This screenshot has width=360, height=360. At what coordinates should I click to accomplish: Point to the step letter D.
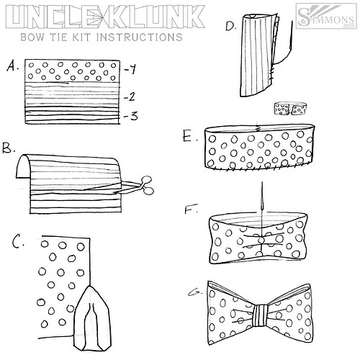tap(230, 27)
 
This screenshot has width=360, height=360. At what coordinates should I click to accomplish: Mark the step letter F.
tap(190, 211)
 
